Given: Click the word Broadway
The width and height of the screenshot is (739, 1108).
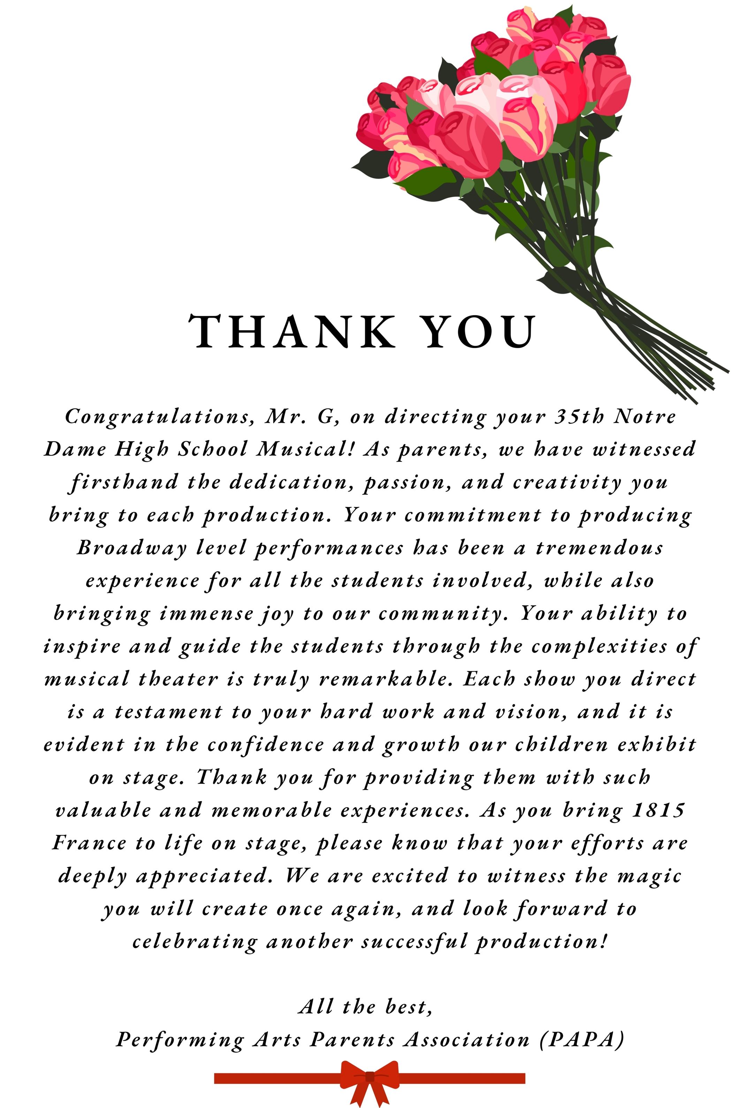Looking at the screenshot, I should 132,548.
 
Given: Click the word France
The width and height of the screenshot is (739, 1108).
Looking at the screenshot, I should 89,843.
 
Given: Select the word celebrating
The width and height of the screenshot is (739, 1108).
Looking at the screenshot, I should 195,942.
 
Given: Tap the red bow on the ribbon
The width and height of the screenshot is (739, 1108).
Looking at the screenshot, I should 369,1078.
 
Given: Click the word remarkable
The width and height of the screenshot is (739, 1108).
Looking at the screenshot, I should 386,679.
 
